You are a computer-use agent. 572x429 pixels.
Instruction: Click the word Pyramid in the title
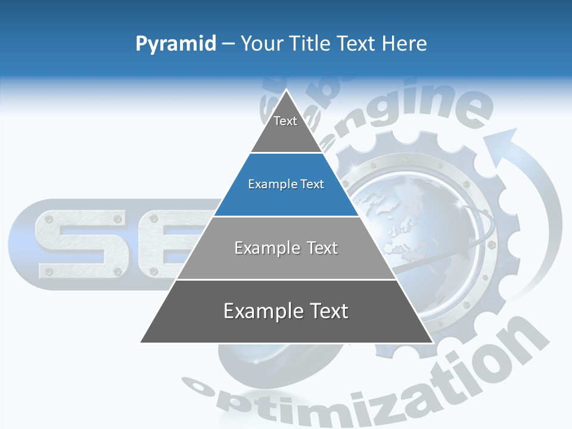176,44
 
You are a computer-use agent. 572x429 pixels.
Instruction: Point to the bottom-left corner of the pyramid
141,342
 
